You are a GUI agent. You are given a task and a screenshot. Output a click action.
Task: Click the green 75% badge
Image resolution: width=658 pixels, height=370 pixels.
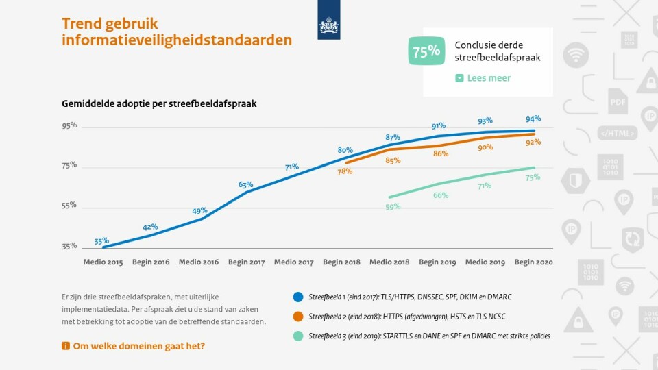click(x=426, y=52)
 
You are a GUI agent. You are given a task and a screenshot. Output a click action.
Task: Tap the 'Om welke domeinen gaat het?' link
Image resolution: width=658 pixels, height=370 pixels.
click(x=138, y=346)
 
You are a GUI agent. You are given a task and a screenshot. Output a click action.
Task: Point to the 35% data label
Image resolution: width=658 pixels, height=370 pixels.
click(x=101, y=241)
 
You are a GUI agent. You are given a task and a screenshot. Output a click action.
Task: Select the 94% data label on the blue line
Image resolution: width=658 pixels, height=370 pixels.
click(x=533, y=119)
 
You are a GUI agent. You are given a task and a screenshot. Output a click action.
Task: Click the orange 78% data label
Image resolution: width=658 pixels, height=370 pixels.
click(x=345, y=172)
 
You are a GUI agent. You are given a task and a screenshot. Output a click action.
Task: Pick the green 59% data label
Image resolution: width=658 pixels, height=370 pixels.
click(x=393, y=207)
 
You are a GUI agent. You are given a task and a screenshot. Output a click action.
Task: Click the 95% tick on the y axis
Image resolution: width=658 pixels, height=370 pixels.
click(x=69, y=126)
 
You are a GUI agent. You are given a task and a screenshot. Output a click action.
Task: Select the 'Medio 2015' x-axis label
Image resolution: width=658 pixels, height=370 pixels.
click(x=103, y=262)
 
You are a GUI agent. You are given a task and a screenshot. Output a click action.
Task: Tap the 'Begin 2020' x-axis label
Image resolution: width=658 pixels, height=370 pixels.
click(x=533, y=262)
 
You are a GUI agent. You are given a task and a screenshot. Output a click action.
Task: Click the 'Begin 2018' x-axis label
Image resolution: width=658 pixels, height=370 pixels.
click(x=342, y=262)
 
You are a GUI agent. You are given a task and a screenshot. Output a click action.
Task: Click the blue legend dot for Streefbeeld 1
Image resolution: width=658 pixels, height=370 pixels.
click(x=297, y=297)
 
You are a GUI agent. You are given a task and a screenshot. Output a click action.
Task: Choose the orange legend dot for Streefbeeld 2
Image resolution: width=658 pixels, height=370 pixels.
click(x=297, y=317)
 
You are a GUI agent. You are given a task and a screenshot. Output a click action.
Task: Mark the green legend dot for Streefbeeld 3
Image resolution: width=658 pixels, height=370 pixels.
click(x=297, y=336)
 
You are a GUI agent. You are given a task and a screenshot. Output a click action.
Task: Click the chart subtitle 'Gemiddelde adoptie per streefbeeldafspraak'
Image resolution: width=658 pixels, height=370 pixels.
click(x=159, y=103)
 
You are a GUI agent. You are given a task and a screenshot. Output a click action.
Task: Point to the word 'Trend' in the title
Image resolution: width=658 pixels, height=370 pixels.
click(x=84, y=24)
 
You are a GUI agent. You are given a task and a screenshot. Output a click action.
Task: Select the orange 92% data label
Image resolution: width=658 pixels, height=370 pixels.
click(x=533, y=143)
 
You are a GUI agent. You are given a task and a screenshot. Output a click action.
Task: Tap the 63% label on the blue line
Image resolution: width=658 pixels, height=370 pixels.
click(x=245, y=185)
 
